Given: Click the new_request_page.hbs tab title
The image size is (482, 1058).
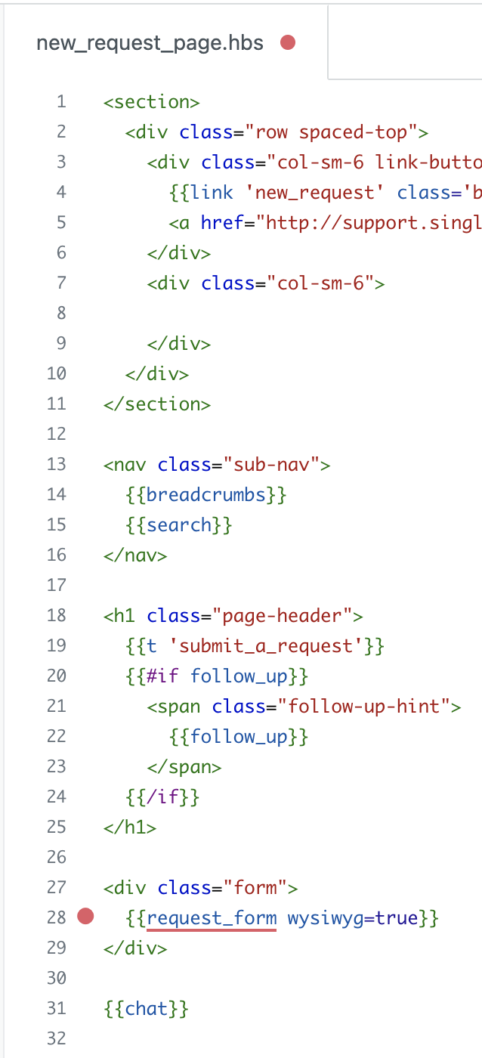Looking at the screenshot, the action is (x=150, y=44).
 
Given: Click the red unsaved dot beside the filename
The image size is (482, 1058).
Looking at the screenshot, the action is (x=288, y=42).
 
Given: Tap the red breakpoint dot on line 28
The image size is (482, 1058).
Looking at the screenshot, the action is (x=85, y=916).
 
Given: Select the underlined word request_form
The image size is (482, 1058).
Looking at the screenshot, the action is (x=212, y=917).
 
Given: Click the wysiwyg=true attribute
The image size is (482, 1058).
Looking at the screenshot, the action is (x=353, y=917).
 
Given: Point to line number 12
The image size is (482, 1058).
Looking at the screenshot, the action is (x=56, y=434).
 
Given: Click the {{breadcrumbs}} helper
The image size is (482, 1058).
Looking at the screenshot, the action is (x=205, y=494).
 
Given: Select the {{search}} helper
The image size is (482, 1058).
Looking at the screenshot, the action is (x=178, y=524).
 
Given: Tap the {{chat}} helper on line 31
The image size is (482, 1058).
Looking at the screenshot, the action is (x=146, y=1008).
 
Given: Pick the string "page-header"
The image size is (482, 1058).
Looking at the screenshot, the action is (x=283, y=615).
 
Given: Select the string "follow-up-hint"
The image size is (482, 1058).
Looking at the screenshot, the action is (x=364, y=706).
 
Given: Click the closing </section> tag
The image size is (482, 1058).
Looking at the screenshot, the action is (x=157, y=404).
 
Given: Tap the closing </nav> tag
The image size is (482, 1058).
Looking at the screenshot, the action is (x=135, y=555).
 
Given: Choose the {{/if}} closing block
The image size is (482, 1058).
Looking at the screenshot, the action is (x=162, y=797).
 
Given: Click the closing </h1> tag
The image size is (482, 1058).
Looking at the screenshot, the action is (x=130, y=827).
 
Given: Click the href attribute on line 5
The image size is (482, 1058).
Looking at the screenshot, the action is (x=222, y=222).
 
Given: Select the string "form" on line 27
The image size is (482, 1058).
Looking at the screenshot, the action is (x=255, y=887).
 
